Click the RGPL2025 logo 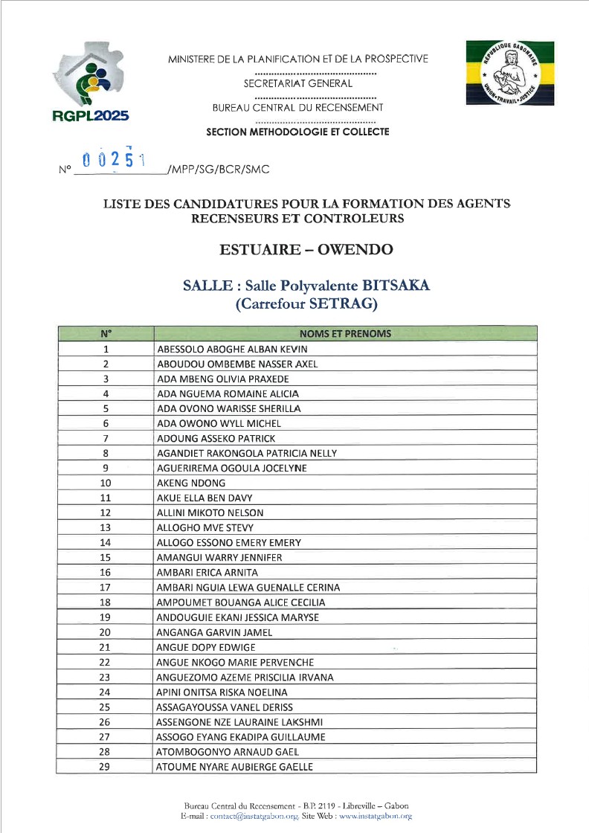pos(91,83)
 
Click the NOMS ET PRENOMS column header pos(345,334)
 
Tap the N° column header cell pos(106,334)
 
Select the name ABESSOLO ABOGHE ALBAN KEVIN pos(231,349)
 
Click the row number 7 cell pos(106,438)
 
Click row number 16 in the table pos(106,573)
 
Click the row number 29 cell pos(106,767)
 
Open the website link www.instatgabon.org pos(375,816)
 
